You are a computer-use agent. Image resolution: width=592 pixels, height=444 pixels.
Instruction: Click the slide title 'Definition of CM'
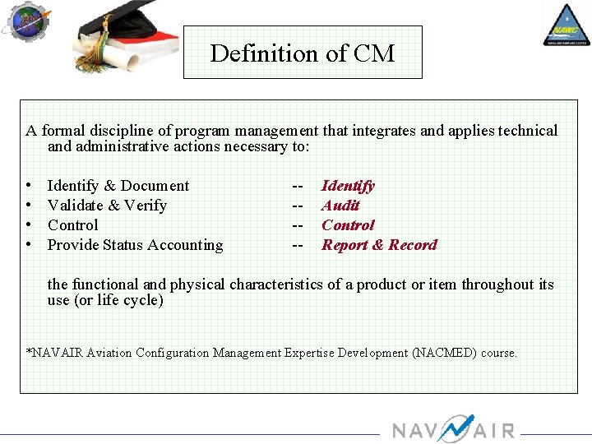pyautogui.click(x=302, y=53)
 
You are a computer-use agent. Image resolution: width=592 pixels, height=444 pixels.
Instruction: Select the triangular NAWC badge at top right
pyautogui.click(x=566, y=25)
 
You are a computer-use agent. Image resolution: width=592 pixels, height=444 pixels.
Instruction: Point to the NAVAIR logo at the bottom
pyautogui.click(x=453, y=429)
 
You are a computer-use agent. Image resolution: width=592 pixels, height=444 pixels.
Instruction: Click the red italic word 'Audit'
pyautogui.click(x=340, y=206)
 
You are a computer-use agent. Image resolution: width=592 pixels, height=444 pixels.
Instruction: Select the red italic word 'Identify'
pyautogui.click(x=348, y=186)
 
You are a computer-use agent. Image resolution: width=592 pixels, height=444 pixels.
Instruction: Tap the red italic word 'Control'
pyautogui.click(x=348, y=225)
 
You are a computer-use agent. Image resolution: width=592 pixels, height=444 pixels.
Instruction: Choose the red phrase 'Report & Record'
pyautogui.click(x=379, y=245)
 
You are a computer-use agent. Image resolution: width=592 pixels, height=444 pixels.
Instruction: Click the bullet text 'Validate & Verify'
pyautogui.click(x=107, y=206)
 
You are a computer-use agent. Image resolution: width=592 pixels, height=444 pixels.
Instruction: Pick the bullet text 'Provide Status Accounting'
pyautogui.click(x=135, y=245)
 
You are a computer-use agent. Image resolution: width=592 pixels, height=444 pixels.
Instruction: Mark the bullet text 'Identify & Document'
pyautogui.click(x=118, y=186)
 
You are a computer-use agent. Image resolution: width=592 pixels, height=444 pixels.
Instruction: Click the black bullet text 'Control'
pyautogui.click(x=72, y=225)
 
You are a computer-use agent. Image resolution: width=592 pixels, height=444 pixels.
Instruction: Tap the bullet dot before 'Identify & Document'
pyautogui.click(x=29, y=186)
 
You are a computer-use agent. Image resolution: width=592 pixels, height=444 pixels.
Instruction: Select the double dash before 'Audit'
pyautogui.click(x=298, y=206)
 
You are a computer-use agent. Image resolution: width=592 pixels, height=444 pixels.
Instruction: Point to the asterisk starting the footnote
pyautogui.click(x=30, y=352)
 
